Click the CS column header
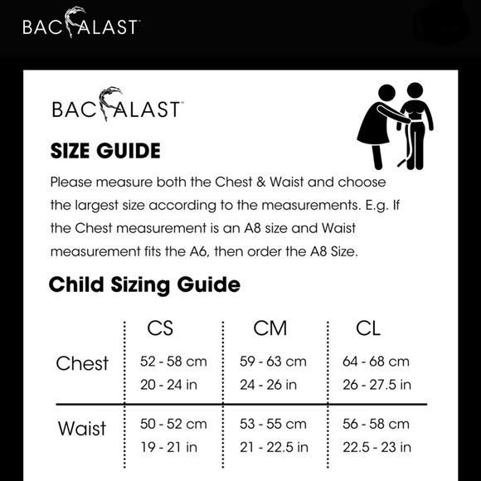159,328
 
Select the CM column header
270,328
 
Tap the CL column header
367,328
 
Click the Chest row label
82,364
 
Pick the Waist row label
82,429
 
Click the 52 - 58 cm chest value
173,362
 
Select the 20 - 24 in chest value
168,384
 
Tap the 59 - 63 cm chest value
272,362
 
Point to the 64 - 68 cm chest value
376,362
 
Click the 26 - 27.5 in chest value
377,384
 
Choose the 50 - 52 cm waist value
173,424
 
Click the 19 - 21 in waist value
168,447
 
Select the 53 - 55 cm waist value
272,424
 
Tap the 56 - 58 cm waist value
376,424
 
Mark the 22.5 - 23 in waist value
377,447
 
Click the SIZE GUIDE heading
105,151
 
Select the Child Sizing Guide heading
144,285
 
